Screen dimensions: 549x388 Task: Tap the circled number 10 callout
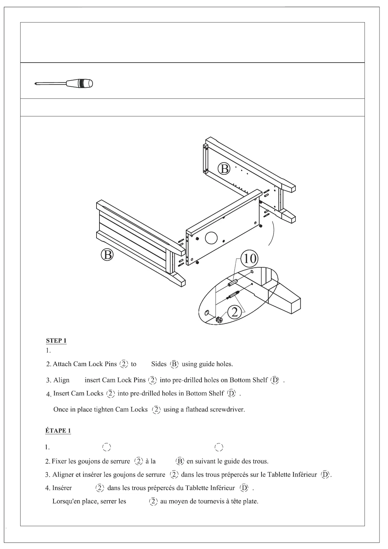pos(249,259)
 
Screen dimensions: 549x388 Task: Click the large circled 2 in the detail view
pos(234,313)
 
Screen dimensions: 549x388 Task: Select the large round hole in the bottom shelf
pos(211,238)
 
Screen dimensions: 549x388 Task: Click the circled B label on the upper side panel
pos(224,169)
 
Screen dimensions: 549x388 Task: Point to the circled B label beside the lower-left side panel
pos(107,255)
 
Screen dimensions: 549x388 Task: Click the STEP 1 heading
pos(56,341)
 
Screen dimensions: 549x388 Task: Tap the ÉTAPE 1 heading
pos(58,431)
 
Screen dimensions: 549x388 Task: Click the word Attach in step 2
pos(62,364)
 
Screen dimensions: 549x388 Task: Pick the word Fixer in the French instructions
pos(59,461)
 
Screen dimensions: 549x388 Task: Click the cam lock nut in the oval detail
pos(219,320)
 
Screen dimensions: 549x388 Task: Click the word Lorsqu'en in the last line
pos(67,501)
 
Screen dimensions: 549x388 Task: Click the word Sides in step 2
pos(159,364)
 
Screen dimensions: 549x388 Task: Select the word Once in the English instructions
pos(61,409)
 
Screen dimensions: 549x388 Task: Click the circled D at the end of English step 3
pos(276,380)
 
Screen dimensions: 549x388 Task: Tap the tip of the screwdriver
pos(35,84)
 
